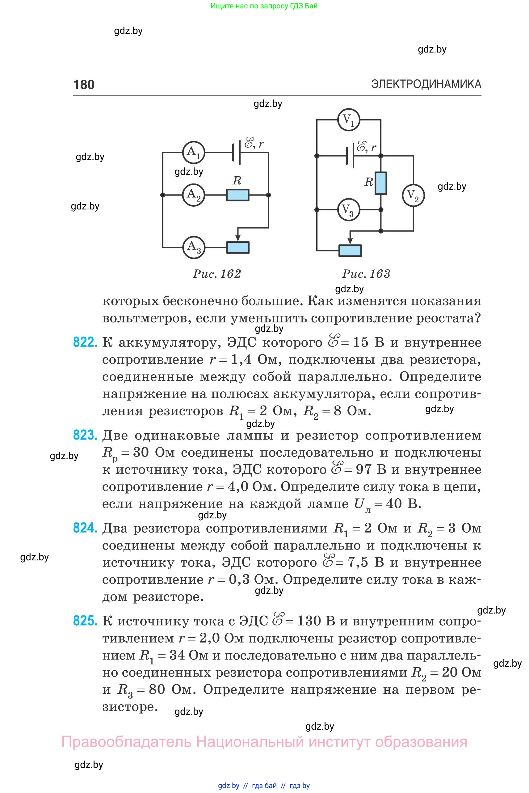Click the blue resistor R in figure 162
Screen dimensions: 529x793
(x=237, y=195)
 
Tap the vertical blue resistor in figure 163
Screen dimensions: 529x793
(x=381, y=183)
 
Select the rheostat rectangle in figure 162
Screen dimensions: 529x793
(x=238, y=247)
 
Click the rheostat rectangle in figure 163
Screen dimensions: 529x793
(x=350, y=251)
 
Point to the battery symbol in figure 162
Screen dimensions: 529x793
(x=236, y=153)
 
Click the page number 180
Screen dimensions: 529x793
(x=84, y=84)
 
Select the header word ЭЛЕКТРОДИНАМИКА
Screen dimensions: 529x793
(x=426, y=84)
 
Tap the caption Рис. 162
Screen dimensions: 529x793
(x=217, y=274)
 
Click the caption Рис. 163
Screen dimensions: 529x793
(x=366, y=274)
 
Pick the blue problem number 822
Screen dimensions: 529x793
(x=85, y=342)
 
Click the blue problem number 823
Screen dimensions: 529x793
(x=85, y=435)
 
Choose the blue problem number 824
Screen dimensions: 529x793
(x=85, y=528)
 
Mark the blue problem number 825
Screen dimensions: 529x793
(x=85, y=621)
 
